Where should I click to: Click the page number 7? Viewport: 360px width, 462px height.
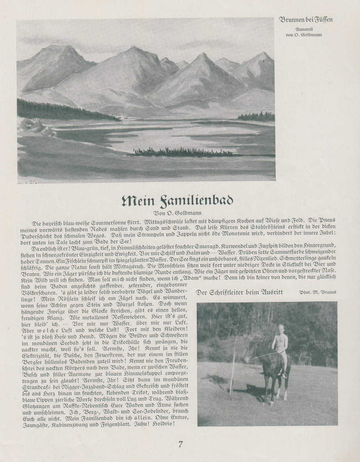(x=180, y=444)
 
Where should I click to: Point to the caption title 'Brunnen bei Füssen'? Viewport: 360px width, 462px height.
(x=306, y=20)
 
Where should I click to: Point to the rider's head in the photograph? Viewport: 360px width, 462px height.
(x=281, y=328)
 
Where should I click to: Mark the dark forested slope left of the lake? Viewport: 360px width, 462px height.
(x=59, y=111)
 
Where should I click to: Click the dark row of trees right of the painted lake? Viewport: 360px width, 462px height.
(x=256, y=116)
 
